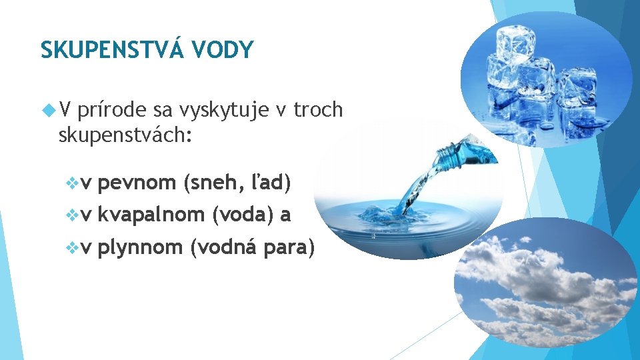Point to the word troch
[x=318, y=110]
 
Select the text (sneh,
[x=211, y=181]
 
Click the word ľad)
[x=269, y=181]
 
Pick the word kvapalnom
[x=152, y=215]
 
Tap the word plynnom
[x=141, y=247]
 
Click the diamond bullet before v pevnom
[x=74, y=182]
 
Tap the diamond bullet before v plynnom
[x=74, y=247]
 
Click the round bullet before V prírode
[x=47, y=110]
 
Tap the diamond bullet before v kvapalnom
[x=74, y=215]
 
